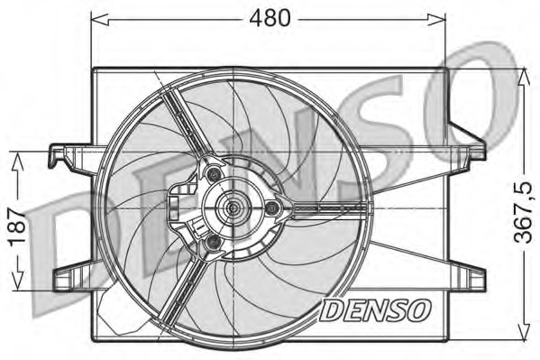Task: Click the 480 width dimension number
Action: click(270, 17)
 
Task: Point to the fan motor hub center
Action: click(233, 208)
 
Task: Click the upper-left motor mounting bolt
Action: click(213, 174)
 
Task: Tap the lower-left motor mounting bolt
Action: click(212, 244)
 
